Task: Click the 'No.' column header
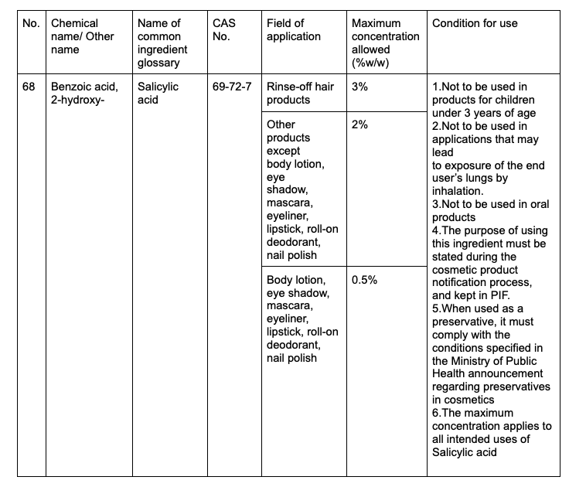tap(31, 24)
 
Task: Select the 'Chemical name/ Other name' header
tap(75, 36)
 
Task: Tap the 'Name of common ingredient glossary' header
tap(162, 43)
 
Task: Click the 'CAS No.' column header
tap(224, 30)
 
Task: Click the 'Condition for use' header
tap(475, 24)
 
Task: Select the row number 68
tap(29, 87)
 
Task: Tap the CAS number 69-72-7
tap(232, 87)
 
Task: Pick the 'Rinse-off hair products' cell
tap(300, 93)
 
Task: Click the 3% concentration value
tap(359, 87)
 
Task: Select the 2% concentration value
tap(359, 124)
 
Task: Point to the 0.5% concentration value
tap(364, 280)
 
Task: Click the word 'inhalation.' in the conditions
tap(457, 191)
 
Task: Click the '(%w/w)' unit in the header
tap(372, 61)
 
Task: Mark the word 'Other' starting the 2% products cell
tap(281, 124)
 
